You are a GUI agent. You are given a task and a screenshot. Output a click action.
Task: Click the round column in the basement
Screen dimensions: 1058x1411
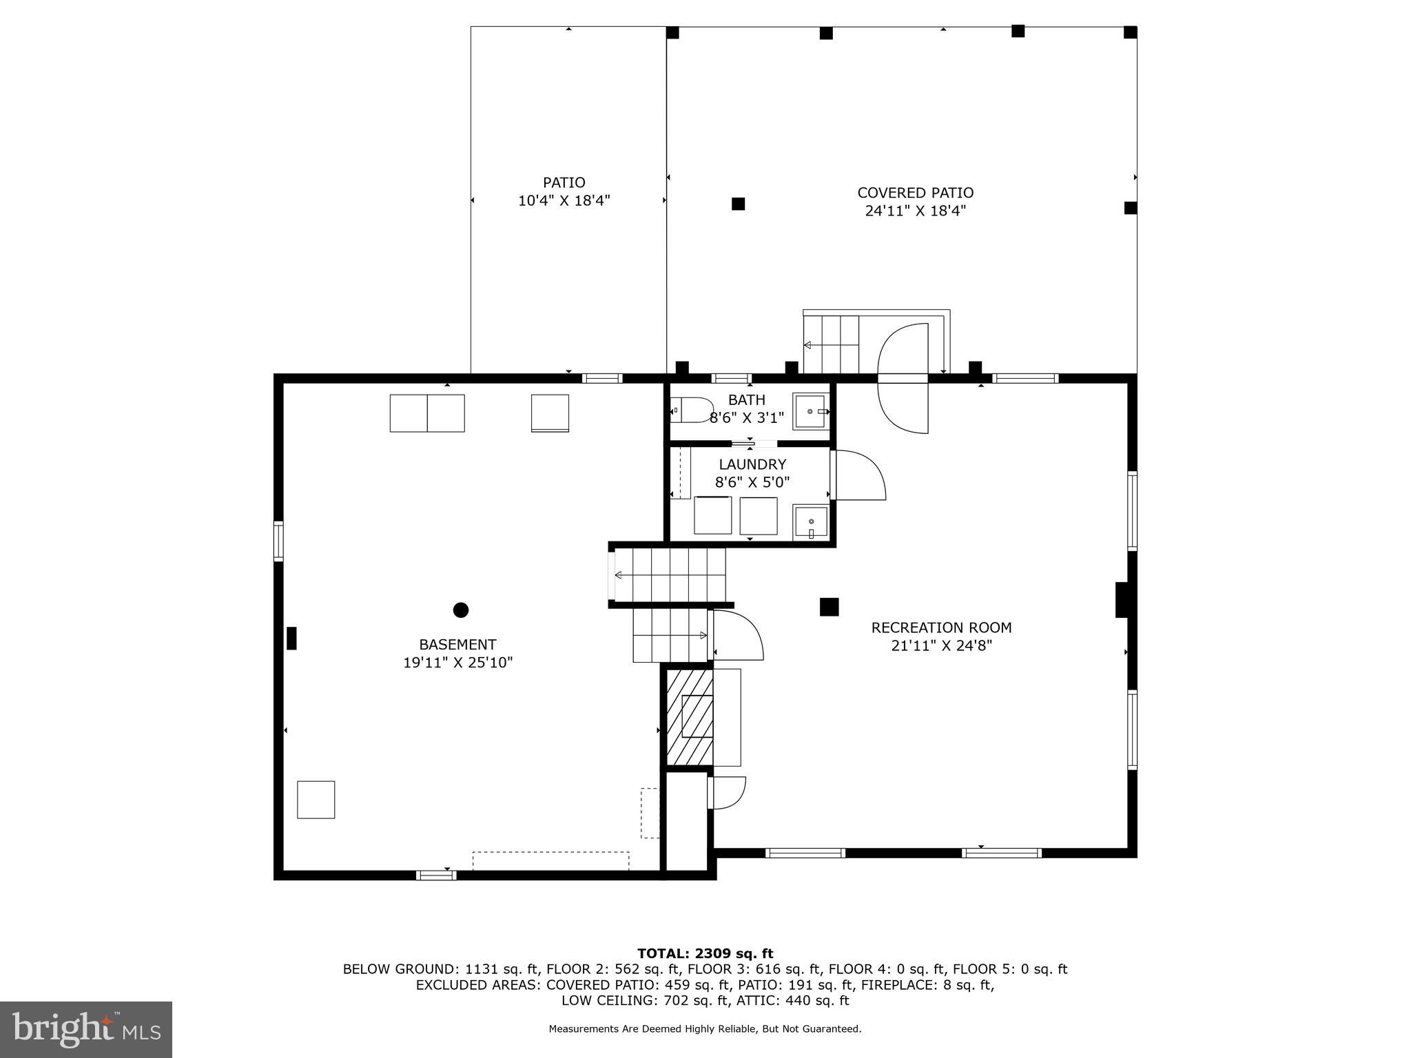(x=461, y=610)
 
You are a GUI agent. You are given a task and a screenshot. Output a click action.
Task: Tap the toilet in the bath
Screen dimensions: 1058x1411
(x=691, y=410)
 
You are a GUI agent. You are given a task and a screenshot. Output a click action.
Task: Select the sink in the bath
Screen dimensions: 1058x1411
(x=810, y=411)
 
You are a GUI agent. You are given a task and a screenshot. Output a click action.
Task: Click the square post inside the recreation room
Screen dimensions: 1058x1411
(x=829, y=607)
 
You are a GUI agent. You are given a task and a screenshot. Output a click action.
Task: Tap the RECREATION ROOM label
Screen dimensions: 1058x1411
(x=941, y=627)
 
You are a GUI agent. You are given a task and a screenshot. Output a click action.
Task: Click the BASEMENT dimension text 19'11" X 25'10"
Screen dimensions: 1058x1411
(x=457, y=663)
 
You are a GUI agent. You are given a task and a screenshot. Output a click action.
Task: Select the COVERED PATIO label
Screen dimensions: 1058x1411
(x=915, y=193)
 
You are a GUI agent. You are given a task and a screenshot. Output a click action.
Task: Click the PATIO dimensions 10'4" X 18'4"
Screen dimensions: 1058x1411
(x=564, y=201)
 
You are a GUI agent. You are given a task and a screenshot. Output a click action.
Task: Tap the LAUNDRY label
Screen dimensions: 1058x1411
(x=752, y=464)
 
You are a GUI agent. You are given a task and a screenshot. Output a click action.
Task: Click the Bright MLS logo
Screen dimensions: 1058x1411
(x=86, y=1029)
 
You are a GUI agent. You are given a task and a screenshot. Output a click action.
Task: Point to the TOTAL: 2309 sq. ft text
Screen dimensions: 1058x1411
(x=705, y=953)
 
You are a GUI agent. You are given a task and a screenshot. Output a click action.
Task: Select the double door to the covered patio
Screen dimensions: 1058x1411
(x=903, y=378)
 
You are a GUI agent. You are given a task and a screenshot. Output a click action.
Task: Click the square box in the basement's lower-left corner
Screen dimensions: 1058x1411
(x=316, y=800)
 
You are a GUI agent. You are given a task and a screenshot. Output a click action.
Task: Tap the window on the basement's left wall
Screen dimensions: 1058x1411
(x=278, y=541)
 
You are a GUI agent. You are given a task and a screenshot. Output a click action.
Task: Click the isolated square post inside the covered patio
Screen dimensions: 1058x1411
(x=738, y=204)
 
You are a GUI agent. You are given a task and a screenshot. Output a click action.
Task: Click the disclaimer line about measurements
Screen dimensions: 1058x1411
(x=705, y=1029)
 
